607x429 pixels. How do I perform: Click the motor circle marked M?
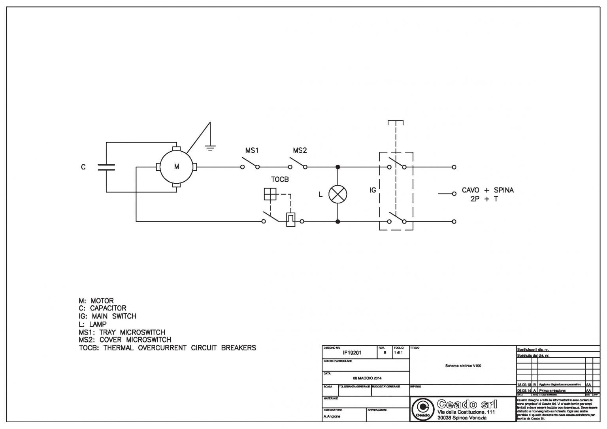coord(176,167)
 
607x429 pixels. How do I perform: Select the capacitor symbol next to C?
coord(106,167)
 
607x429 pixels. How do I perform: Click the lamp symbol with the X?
coord(338,194)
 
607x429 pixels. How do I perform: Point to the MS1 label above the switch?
coord(252,151)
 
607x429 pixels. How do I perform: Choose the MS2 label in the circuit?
coord(300,151)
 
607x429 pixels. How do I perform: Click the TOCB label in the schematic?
coord(280,179)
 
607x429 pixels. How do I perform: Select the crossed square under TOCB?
coord(270,194)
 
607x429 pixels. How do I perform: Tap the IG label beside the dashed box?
coord(373,190)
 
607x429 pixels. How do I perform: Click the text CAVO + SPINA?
coord(488,190)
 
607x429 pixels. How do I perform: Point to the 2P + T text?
coord(484,199)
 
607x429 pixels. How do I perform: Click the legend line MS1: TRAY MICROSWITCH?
coord(122,332)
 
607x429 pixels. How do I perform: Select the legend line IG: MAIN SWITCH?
coord(107,316)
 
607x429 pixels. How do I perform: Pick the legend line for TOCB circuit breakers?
coord(167,348)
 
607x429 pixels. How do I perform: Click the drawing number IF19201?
coord(352,352)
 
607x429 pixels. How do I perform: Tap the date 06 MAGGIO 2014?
coord(367,378)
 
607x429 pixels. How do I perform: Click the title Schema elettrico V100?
coord(463,366)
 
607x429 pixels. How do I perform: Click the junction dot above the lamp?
coord(338,167)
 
